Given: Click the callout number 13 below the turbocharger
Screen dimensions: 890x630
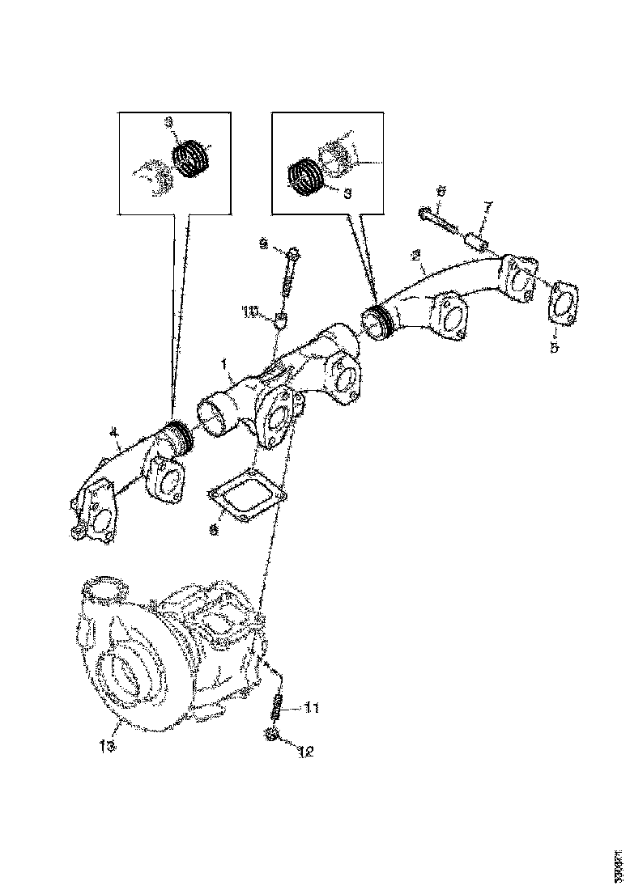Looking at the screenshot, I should [108, 745].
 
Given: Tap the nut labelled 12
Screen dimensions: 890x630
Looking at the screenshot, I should [273, 735].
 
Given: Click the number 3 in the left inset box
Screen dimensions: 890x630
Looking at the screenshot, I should [168, 123].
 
